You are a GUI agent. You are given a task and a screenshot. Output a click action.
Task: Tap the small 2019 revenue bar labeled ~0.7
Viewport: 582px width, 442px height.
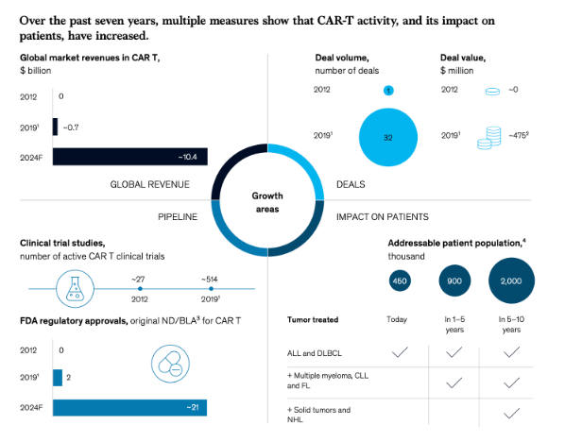pos(55,126)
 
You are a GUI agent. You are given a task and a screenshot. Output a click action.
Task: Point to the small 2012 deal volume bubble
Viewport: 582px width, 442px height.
pos(387,90)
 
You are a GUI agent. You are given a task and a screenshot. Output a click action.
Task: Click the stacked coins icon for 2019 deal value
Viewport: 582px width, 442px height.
pos(488,136)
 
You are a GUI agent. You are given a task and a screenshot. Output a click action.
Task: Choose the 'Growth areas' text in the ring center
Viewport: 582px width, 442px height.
pos(266,201)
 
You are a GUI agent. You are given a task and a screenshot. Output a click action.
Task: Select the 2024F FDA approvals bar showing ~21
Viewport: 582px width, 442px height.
pos(129,408)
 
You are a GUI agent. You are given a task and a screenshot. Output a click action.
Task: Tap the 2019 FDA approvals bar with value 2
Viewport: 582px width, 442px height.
pos(58,378)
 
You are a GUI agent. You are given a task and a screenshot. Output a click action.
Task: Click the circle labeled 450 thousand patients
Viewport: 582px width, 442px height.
pos(400,280)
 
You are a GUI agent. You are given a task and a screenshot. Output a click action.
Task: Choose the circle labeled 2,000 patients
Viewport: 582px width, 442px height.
pos(511,280)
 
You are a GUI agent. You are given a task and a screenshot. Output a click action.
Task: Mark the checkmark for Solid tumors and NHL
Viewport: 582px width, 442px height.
pos(512,414)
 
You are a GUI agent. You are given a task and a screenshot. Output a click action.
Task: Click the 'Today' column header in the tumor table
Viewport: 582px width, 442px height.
pos(397,319)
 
